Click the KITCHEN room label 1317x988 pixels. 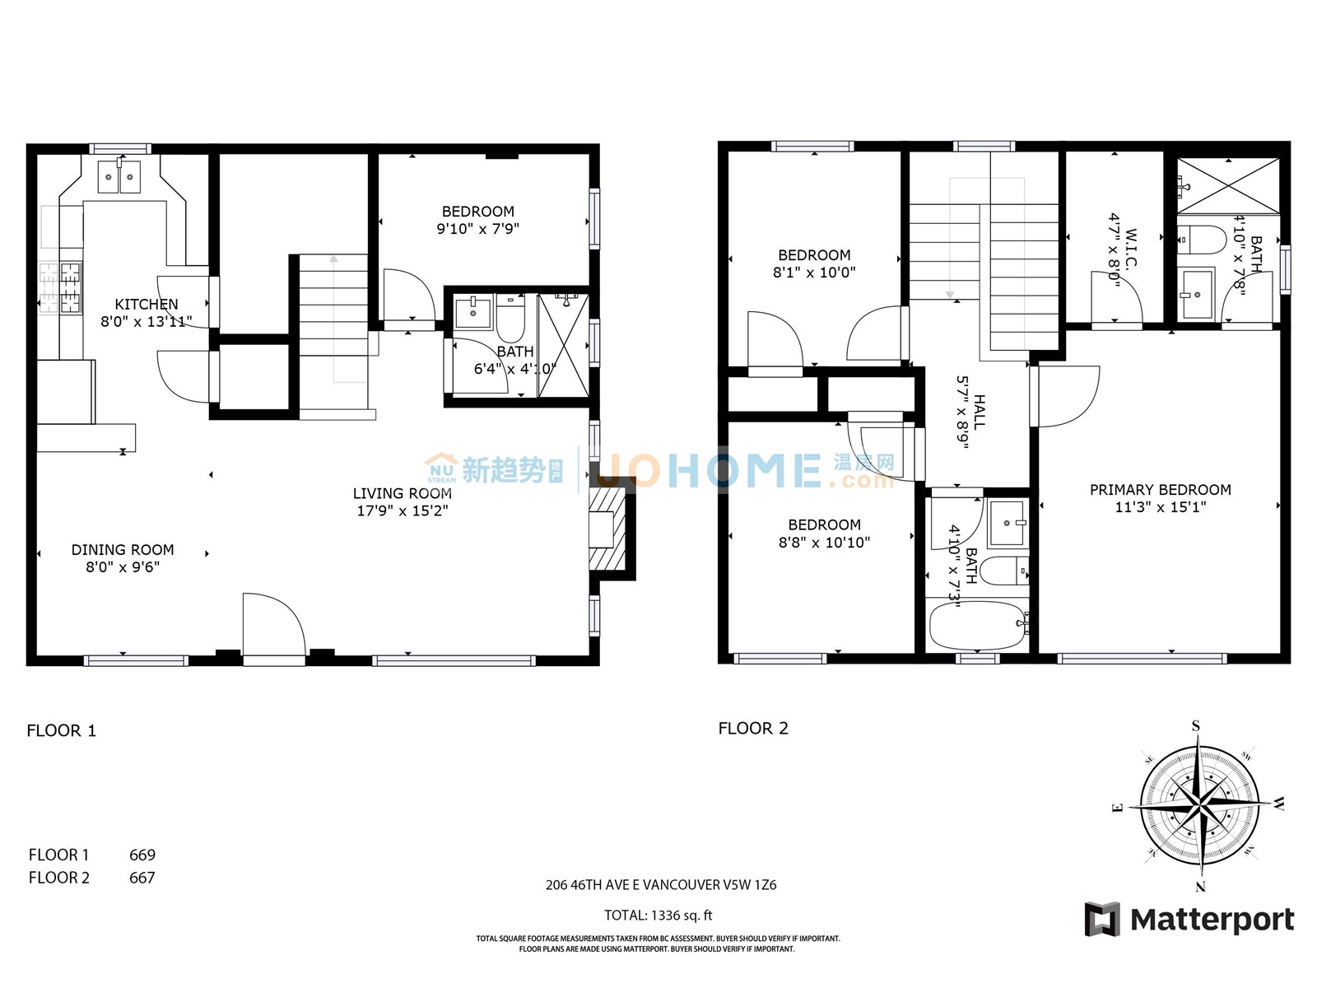pyautogui.click(x=146, y=305)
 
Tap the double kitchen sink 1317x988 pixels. pyautogui.click(x=119, y=177)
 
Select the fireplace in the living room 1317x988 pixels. pyautogui.click(x=607, y=529)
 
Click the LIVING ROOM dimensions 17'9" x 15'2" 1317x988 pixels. pyautogui.click(x=402, y=510)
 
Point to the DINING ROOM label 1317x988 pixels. pyautogui.click(x=123, y=550)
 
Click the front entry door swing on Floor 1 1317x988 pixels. pyautogui.click(x=274, y=626)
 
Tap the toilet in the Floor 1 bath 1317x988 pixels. pyautogui.click(x=510, y=321)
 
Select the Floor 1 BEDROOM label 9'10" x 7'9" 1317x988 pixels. pyautogui.click(x=477, y=220)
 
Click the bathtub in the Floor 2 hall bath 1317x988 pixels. pyautogui.click(x=976, y=627)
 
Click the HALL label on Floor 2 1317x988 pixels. pyautogui.click(x=980, y=412)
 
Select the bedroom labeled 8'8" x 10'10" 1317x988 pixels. pyautogui.click(x=824, y=534)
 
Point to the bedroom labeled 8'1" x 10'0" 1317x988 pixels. pyautogui.click(x=814, y=263)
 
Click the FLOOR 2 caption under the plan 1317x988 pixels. pyautogui.click(x=753, y=729)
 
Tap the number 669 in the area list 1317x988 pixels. pyautogui.click(x=142, y=855)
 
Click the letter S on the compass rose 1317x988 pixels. pyautogui.click(x=1196, y=726)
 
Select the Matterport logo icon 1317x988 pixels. pyautogui.click(x=1102, y=919)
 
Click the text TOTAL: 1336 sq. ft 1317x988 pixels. pyautogui.click(x=658, y=916)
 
